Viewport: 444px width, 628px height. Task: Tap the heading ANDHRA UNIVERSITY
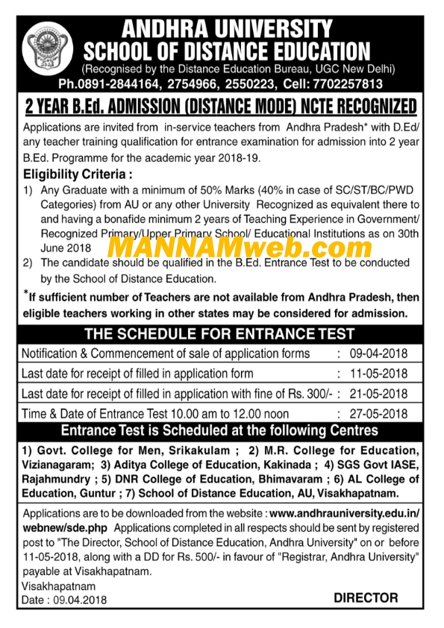(x=228, y=29)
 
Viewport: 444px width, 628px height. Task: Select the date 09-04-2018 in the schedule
(x=381, y=353)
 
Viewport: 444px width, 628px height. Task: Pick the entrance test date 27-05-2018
(x=381, y=413)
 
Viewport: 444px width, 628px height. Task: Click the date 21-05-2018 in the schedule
(x=381, y=393)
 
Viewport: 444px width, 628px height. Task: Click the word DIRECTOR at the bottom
(x=366, y=597)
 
